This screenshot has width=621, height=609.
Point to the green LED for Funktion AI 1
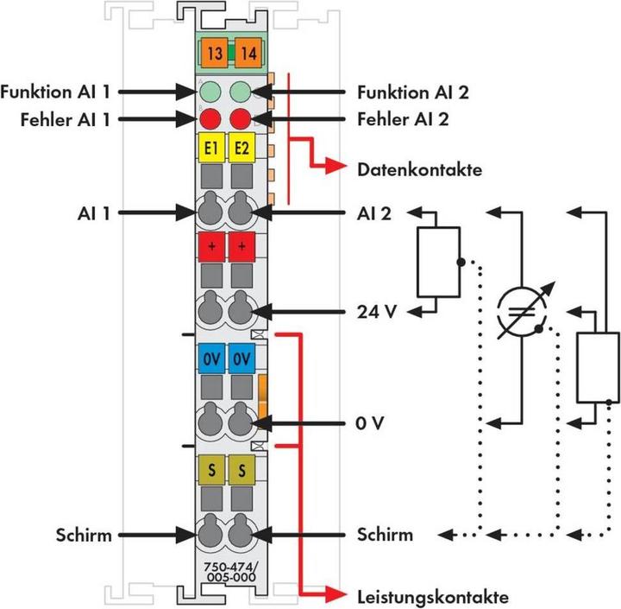[210, 91]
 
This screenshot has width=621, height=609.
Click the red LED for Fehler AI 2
[241, 119]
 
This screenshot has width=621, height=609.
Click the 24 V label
[376, 310]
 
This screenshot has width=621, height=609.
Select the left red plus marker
[210, 247]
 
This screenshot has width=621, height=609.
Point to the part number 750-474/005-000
[226, 571]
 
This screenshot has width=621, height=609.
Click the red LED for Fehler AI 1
[210, 119]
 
